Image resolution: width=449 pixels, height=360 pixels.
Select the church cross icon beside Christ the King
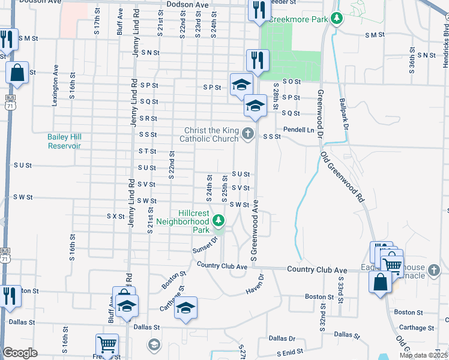(x=249, y=136)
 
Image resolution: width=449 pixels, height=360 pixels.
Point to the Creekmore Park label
(x=298, y=19)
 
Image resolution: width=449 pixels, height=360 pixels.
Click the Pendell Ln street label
(x=299, y=130)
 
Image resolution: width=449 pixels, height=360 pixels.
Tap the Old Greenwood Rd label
(x=342, y=176)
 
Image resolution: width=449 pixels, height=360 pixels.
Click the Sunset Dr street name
(x=203, y=248)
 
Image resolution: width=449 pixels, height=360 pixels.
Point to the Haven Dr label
(x=255, y=285)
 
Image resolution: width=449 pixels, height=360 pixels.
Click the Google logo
(x=20, y=353)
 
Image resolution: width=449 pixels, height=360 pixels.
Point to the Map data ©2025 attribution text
(x=424, y=355)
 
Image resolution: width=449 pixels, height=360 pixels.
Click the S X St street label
(x=115, y=216)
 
